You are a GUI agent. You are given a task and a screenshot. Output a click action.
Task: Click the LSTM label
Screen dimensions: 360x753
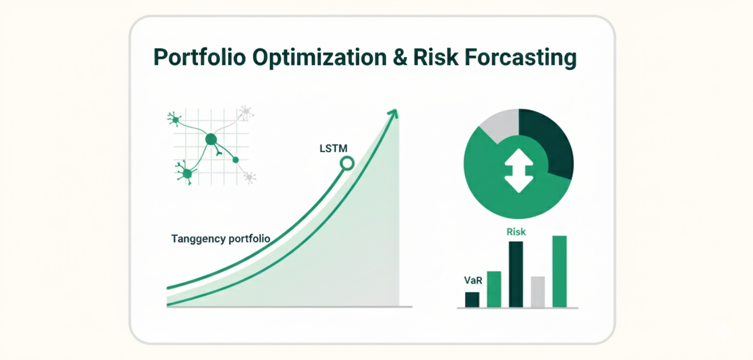(x=333, y=149)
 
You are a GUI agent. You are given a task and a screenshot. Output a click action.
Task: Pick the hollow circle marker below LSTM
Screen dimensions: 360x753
(x=347, y=164)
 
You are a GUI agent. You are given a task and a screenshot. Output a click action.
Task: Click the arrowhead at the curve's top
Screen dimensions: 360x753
(x=393, y=114)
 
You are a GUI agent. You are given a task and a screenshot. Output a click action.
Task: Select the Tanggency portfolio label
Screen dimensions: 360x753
(x=220, y=239)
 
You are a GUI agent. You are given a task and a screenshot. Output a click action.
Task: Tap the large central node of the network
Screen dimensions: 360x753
(x=211, y=139)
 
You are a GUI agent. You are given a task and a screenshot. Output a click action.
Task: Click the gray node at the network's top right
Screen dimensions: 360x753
(x=246, y=111)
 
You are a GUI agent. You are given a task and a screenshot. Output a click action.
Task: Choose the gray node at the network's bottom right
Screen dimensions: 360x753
(x=249, y=177)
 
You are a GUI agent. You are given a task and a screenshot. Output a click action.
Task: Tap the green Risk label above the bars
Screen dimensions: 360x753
(x=516, y=232)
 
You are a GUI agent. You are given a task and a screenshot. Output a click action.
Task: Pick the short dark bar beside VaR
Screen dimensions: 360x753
(x=472, y=300)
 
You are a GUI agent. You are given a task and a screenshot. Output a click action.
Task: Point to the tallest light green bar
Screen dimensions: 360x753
(x=560, y=272)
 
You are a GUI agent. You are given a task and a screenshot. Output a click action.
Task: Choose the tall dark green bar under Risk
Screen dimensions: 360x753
(x=516, y=274)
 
